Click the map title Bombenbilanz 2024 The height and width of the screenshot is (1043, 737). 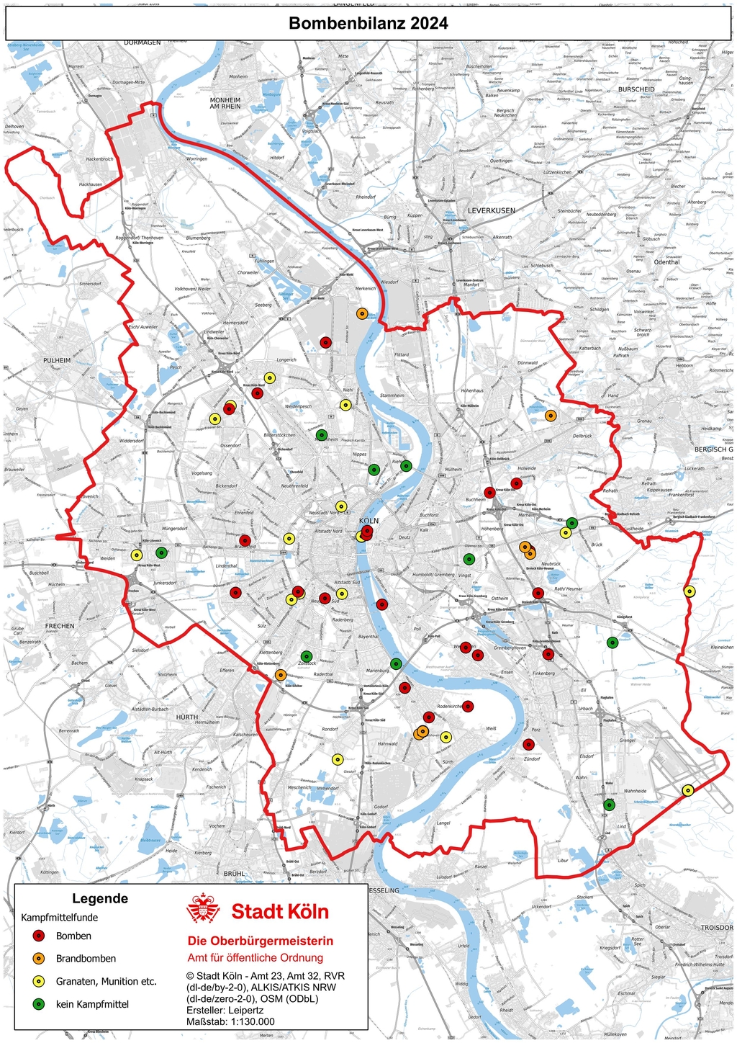coord(368,24)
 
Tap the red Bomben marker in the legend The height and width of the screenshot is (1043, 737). coord(40,936)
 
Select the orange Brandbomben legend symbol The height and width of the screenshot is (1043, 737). coord(40,958)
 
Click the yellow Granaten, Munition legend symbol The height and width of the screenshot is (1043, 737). coord(40,981)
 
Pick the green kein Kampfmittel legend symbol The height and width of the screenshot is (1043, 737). coord(40,1003)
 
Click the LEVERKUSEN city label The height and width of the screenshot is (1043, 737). coord(492,210)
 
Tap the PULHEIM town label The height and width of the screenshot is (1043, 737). coord(57,360)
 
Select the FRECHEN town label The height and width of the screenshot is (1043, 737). coord(60,626)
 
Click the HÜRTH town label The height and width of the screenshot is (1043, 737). coord(187,717)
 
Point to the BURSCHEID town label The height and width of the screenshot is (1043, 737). coord(636,89)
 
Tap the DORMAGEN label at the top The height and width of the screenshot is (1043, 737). coord(143,42)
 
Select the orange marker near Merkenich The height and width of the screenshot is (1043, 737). coord(362,313)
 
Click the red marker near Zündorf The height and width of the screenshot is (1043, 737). coord(529,745)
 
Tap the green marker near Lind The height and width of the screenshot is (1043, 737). coord(610,805)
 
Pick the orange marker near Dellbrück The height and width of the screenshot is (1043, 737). coord(551,416)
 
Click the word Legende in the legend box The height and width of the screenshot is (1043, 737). coord(100,898)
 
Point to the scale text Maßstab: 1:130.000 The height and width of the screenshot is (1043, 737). coord(230,1021)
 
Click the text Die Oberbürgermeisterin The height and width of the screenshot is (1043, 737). coord(261,941)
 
